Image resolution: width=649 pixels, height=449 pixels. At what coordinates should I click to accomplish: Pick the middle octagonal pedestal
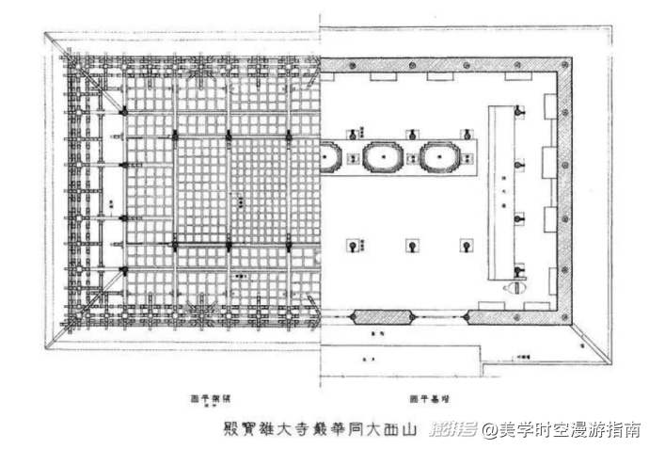pos(383,156)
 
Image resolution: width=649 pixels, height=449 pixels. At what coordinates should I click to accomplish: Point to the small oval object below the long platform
pos(514,290)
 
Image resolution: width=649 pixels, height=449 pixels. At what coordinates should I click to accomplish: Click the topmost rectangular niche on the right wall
pos(549,106)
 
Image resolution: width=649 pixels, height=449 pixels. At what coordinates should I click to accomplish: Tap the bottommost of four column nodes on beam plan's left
pos(123,270)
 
